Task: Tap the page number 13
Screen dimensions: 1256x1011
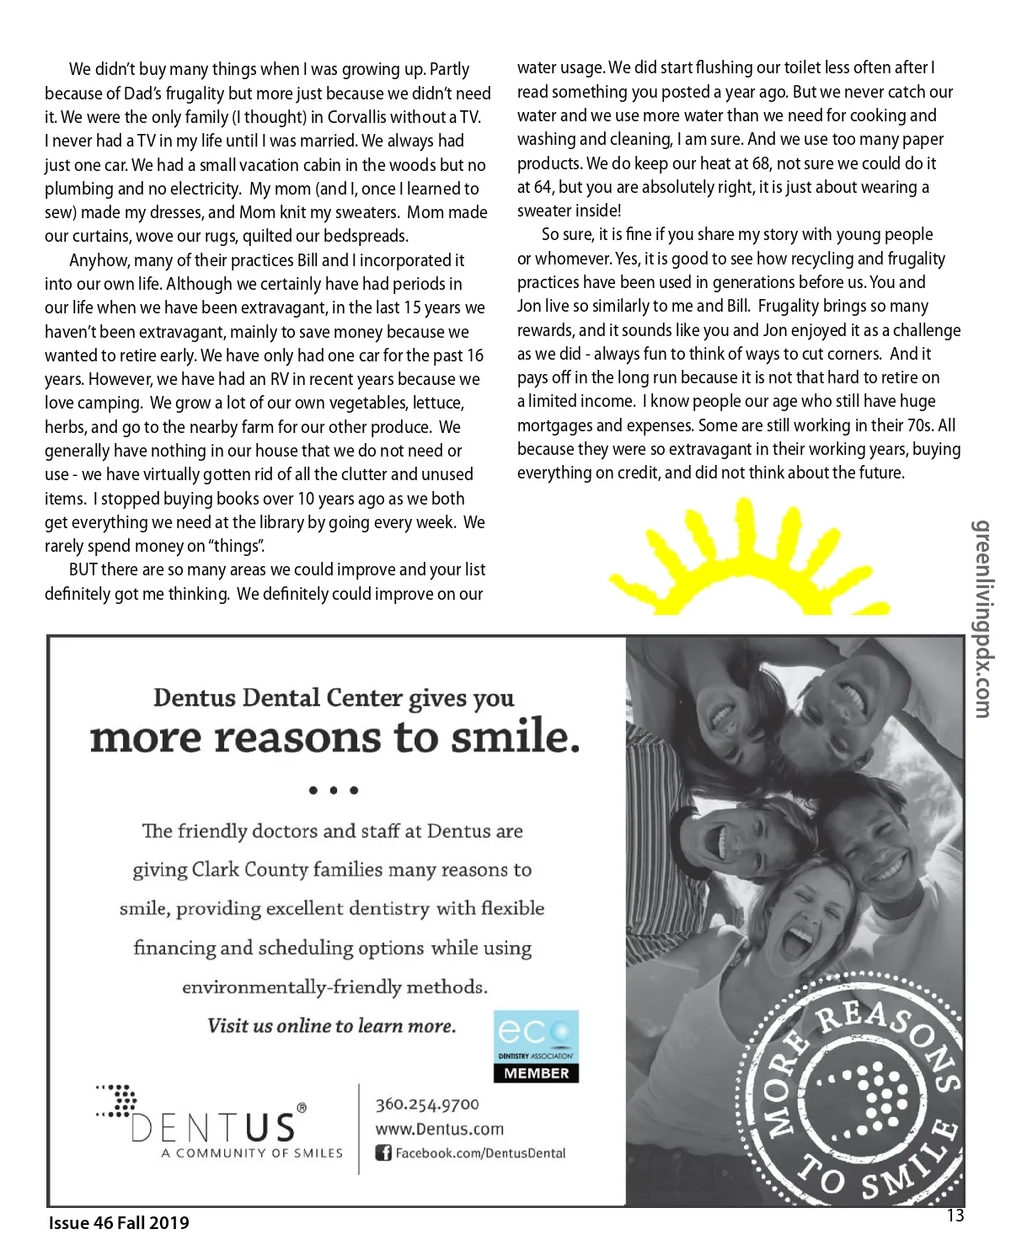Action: point(955,1216)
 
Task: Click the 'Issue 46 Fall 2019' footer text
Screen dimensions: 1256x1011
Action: point(119,1223)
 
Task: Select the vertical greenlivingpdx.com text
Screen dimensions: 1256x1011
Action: point(982,619)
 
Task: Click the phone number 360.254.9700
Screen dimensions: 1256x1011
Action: point(427,1104)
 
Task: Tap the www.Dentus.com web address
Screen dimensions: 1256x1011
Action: point(439,1129)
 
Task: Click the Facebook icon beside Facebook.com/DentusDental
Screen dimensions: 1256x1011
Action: point(383,1153)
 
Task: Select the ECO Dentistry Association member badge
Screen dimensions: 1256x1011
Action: point(536,1046)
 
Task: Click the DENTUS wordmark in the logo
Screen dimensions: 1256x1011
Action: point(214,1127)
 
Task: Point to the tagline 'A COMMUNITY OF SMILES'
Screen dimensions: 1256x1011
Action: point(252,1153)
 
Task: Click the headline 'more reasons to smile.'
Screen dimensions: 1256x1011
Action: point(334,738)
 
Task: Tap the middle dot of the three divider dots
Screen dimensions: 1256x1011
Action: point(334,791)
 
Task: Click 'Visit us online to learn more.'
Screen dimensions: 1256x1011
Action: point(332,1026)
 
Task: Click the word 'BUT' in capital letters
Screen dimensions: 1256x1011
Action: point(83,570)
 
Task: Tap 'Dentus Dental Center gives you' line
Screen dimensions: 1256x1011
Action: point(334,698)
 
